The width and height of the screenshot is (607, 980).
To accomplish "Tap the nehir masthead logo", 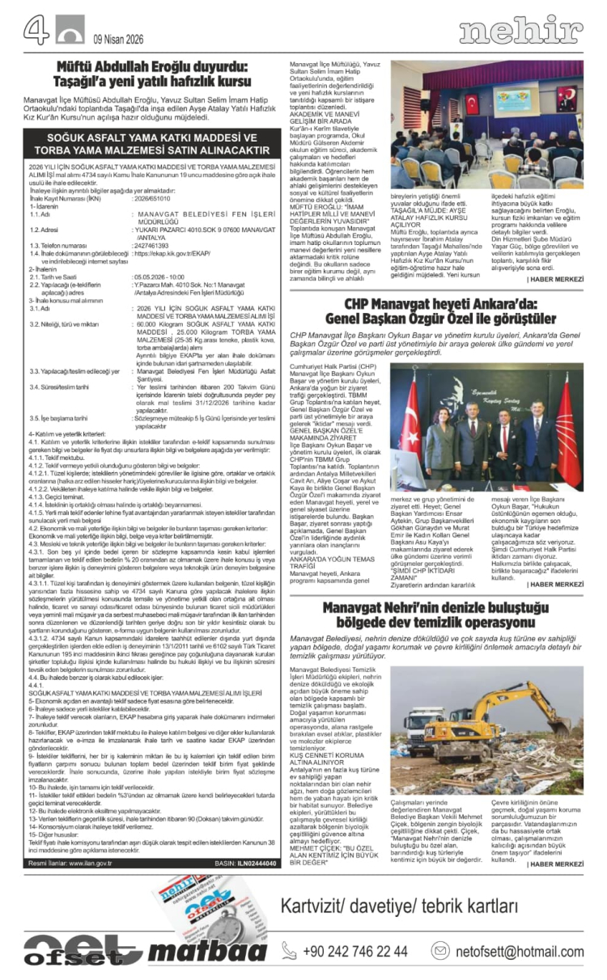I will (x=520, y=31).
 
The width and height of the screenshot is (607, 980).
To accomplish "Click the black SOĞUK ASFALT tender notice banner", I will (x=151, y=144).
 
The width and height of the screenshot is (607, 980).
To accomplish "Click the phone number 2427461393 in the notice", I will (x=152, y=222).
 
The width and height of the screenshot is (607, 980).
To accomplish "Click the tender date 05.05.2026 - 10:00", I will (x=163, y=253).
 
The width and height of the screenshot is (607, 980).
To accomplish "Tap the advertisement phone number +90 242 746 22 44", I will (x=355, y=951).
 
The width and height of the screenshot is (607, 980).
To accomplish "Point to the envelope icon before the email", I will (x=440, y=951).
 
